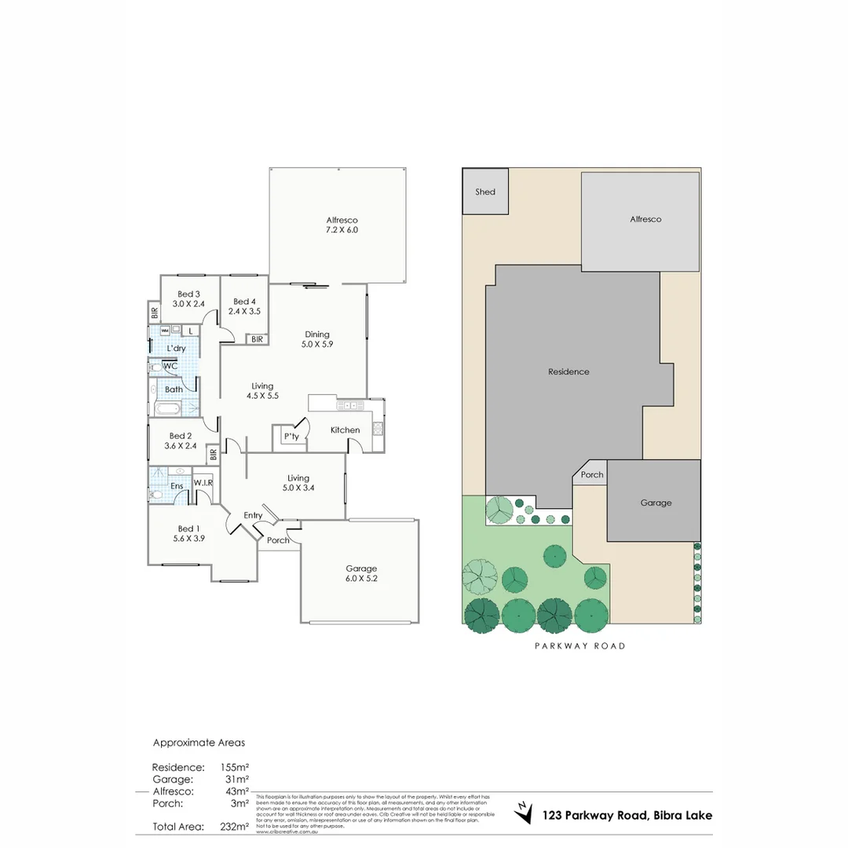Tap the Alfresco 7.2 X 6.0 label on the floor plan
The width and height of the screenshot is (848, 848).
[x=342, y=225]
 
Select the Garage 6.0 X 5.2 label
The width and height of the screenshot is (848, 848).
[x=361, y=573]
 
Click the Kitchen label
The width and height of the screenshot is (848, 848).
[x=345, y=429]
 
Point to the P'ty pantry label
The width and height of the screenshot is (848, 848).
[x=291, y=437]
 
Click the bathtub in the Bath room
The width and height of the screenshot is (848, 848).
[x=169, y=408]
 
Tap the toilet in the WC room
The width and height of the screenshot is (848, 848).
[x=155, y=367]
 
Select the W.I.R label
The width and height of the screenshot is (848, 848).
[x=203, y=483]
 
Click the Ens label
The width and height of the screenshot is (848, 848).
[x=177, y=486]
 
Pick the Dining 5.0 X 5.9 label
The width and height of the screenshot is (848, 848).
[x=317, y=338]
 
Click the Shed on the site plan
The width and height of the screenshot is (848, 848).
[x=485, y=192]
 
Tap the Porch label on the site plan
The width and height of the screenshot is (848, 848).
[x=592, y=474]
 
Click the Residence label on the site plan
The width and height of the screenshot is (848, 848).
[x=568, y=371]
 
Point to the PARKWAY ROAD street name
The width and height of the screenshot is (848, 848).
[x=580, y=646]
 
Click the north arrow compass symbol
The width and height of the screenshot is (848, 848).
[x=521, y=812]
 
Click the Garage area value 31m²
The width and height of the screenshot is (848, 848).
[x=236, y=779]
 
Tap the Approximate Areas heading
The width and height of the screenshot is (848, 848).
[x=199, y=742]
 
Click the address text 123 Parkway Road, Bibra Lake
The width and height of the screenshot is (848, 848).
[x=627, y=815]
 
